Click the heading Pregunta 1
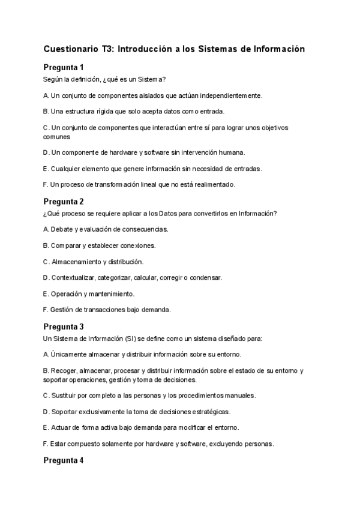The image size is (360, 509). tap(64, 67)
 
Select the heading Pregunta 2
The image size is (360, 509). tap(64, 202)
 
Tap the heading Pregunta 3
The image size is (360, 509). tap(64, 327)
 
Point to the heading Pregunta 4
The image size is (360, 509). tap(64, 461)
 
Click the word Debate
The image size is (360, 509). tap(62, 229)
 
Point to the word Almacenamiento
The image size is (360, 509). tap(76, 262)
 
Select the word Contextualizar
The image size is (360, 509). tap(73, 278)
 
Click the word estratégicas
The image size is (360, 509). tap(208, 412)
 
